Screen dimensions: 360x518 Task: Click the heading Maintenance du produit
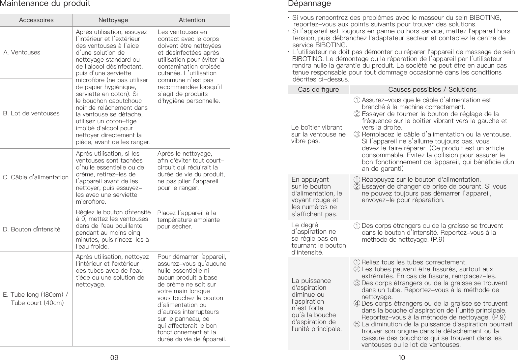pos(45,4)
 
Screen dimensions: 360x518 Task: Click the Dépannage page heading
pos(309,4)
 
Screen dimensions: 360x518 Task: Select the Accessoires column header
pos(36,20)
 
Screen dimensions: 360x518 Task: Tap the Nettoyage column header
pos(113,20)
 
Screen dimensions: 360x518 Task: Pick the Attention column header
pos(192,20)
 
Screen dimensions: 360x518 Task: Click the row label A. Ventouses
pos(22,52)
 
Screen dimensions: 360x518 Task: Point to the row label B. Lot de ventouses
pos(31,113)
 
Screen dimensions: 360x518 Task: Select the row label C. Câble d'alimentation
pos(36,177)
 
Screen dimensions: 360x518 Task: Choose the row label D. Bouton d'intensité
pos(32,229)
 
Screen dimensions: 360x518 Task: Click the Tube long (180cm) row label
pos(36,295)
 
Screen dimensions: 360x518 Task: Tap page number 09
pos(114,357)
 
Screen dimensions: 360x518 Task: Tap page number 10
pos(402,357)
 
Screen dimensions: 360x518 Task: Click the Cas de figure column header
pos(318,90)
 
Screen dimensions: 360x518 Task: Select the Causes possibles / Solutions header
pos(432,90)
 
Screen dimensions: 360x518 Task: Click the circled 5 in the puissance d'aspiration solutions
pos(357,324)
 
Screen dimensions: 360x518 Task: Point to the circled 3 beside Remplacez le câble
pos(357,135)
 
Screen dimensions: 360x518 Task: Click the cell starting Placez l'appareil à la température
pos(188,220)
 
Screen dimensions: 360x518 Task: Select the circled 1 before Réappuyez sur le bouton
pos(357,180)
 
